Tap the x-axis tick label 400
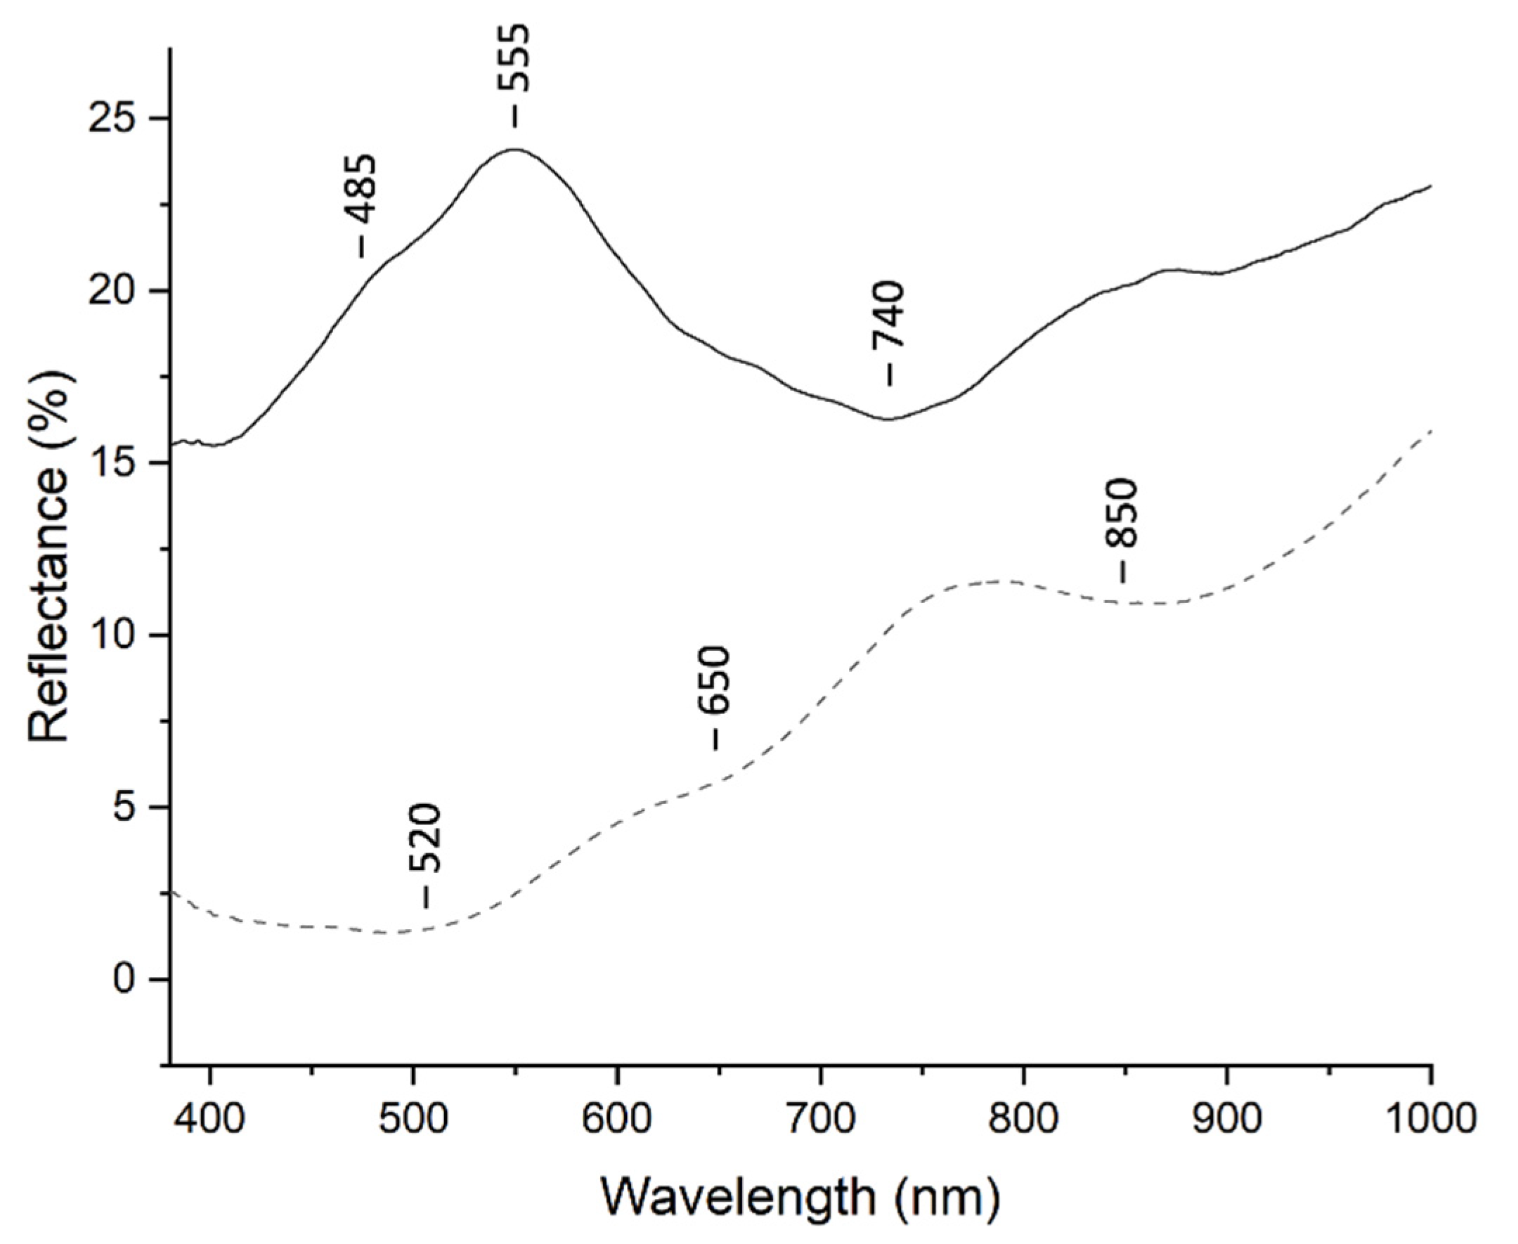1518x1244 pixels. coord(210,1120)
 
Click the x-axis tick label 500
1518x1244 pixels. coord(413,1120)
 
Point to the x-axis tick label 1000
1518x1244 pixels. coord(1429,1120)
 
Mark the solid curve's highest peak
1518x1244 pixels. coord(514,149)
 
